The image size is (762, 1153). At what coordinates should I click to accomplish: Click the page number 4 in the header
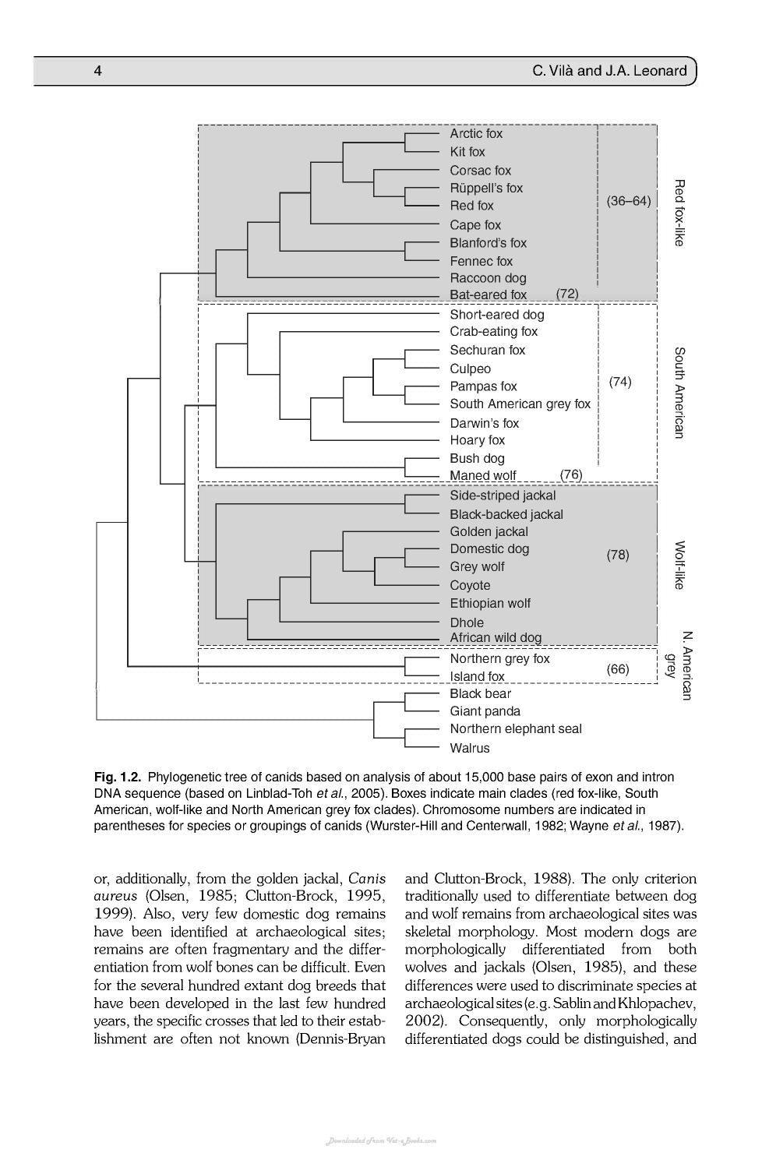(x=98, y=71)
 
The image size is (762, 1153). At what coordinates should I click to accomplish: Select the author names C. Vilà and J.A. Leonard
(x=609, y=71)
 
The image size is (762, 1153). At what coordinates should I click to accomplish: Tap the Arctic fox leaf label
(x=476, y=134)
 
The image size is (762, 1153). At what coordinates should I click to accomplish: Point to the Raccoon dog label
(x=488, y=278)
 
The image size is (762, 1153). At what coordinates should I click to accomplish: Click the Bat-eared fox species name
(x=488, y=295)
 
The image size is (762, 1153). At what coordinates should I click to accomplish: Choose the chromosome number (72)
(x=567, y=294)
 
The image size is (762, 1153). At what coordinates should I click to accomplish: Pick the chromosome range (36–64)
(x=629, y=201)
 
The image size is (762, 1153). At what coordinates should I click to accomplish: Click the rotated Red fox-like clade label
(x=679, y=213)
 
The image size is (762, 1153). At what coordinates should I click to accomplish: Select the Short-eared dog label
(x=497, y=315)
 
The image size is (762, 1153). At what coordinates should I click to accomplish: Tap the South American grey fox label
(x=520, y=404)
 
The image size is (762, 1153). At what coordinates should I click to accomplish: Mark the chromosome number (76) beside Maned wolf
(x=571, y=474)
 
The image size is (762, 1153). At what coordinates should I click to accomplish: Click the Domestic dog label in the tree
(x=489, y=548)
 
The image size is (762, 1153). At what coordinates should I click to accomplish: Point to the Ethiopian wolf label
(x=490, y=603)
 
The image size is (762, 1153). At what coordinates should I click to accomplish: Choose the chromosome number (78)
(x=618, y=555)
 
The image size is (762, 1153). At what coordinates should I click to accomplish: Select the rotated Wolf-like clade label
(x=679, y=565)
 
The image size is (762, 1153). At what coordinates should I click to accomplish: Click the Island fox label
(x=477, y=676)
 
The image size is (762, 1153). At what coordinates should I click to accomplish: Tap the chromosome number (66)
(x=618, y=669)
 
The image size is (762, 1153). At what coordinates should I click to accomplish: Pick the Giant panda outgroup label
(x=485, y=711)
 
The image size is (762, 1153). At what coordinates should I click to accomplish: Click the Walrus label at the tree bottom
(x=470, y=748)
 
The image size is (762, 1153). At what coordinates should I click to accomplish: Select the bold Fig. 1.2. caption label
(x=118, y=777)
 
